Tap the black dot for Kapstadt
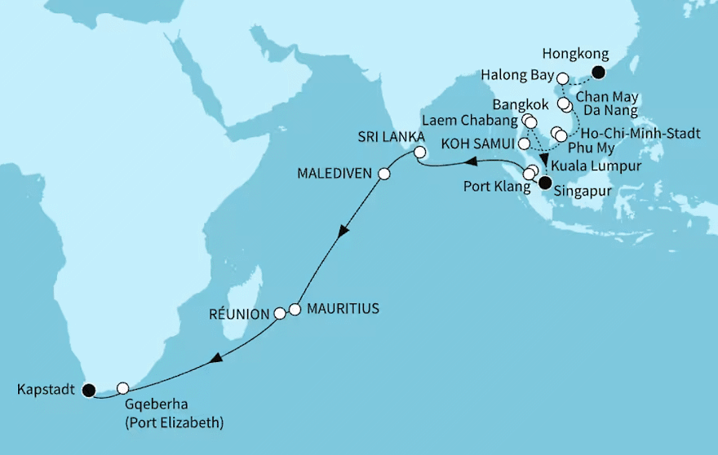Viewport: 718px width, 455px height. [88, 389]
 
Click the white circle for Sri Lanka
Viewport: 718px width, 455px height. [419, 152]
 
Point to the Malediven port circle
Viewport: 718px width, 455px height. [383, 174]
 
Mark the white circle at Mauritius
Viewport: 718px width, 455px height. [295, 310]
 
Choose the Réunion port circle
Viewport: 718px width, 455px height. [280, 312]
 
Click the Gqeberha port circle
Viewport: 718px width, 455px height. [123, 388]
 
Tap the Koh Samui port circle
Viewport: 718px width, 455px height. [525, 144]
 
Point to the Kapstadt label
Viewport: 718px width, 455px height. [42, 390]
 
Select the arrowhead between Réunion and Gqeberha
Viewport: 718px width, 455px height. [217, 358]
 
